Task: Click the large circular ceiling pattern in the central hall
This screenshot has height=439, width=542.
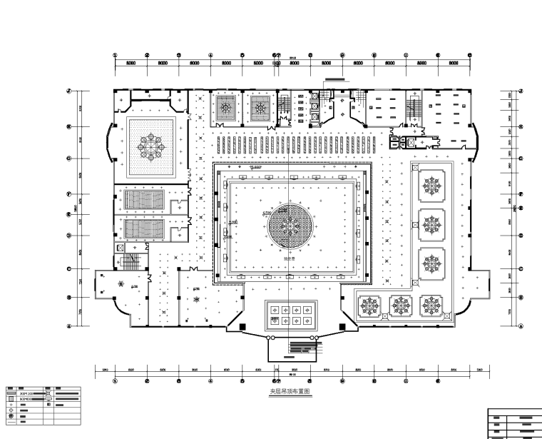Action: [x=290, y=227]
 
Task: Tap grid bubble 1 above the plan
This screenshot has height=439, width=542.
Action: [x=116, y=55]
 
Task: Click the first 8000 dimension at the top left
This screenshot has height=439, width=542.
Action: [x=132, y=64]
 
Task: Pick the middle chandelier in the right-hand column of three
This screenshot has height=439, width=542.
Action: [x=429, y=223]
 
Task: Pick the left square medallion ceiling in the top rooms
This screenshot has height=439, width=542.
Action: [x=226, y=109]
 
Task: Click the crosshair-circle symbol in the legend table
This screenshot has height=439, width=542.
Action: [x=10, y=411]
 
